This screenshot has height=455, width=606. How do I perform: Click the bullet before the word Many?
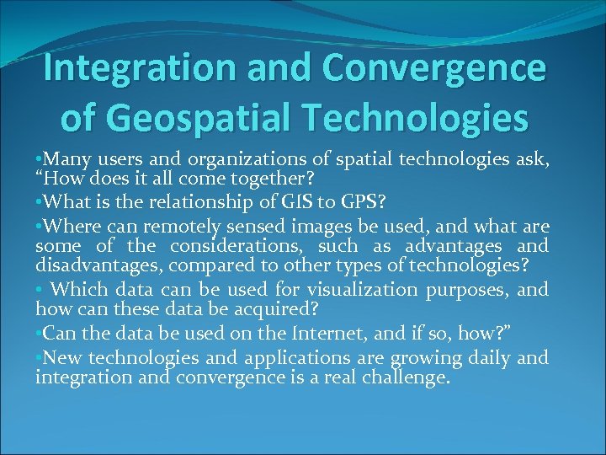point(39,158)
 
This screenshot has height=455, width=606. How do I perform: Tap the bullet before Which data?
point(39,289)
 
